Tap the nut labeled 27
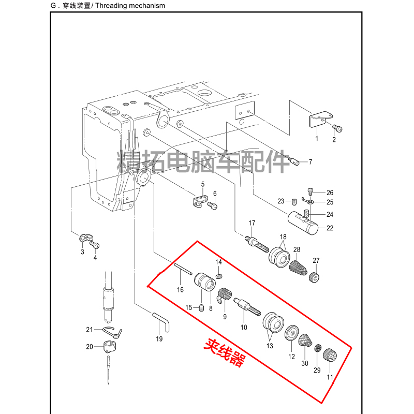314,278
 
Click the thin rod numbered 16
183,270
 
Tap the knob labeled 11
329,357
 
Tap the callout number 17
252,223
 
